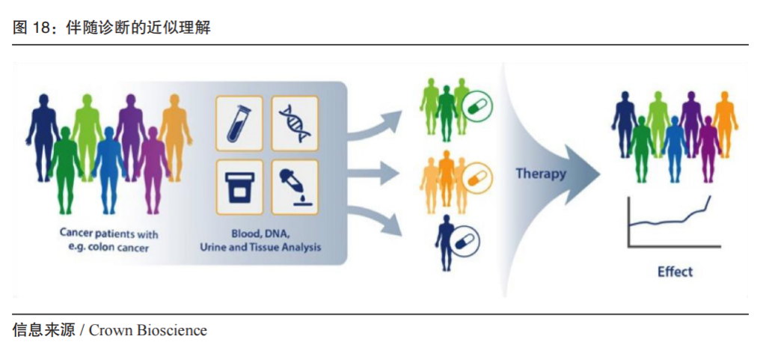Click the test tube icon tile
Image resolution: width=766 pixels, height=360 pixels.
click(x=239, y=123)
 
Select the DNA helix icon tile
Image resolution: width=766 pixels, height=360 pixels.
click(x=295, y=123)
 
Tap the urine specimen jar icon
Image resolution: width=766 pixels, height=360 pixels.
click(x=239, y=187)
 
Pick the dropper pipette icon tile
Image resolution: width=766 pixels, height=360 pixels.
click(x=295, y=187)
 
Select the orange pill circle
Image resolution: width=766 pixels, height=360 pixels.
click(x=478, y=178)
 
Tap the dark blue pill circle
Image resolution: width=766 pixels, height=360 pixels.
click(x=465, y=240)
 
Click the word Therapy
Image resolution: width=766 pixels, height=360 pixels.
click(x=541, y=174)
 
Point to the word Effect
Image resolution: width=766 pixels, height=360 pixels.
click(x=675, y=272)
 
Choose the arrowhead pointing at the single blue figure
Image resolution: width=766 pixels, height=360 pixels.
click(x=393, y=226)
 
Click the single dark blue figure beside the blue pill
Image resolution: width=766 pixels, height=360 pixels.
click(x=445, y=242)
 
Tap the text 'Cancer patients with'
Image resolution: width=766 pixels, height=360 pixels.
click(x=109, y=234)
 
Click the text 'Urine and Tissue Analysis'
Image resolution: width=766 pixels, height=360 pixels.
click(x=260, y=247)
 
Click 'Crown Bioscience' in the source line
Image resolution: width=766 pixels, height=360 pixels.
click(x=148, y=331)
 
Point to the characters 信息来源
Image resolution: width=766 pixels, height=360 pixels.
click(x=43, y=331)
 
